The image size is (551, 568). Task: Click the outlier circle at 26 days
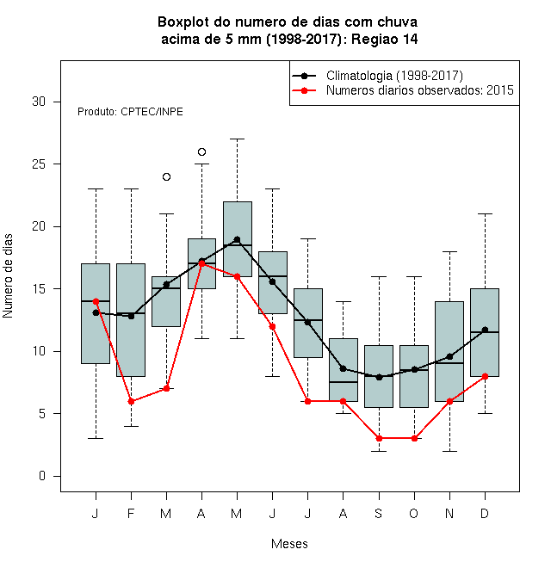[x=202, y=151]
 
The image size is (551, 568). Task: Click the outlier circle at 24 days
[x=166, y=176]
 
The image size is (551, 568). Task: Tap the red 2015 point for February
[x=131, y=401]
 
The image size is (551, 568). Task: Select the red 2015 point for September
[x=379, y=438]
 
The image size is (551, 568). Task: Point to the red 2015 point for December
[x=485, y=376]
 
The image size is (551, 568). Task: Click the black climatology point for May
[x=237, y=239]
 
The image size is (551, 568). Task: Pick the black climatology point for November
[x=450, y=357]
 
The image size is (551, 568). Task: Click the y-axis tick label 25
[x=39, y=164]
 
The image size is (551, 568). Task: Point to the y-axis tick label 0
[x=42, y=476]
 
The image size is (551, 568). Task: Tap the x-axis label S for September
[x=379, y=513]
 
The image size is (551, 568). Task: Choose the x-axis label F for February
[x=131, y=513]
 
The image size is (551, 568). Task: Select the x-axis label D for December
[x=485, y=513]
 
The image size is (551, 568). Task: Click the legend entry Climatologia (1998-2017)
[x=394, y=76]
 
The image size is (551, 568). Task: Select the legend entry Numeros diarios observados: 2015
[x=420, y=90]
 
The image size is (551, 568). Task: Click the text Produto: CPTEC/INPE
[x=130, y=112]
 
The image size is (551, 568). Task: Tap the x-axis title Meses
[x=289, y=544]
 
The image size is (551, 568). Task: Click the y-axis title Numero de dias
[x=8, y=276]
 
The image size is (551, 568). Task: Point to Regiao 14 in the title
[x=385, y=39]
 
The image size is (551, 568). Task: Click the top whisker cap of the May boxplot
[x=237, y=139]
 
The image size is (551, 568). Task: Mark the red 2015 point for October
[x=414, y=438]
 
